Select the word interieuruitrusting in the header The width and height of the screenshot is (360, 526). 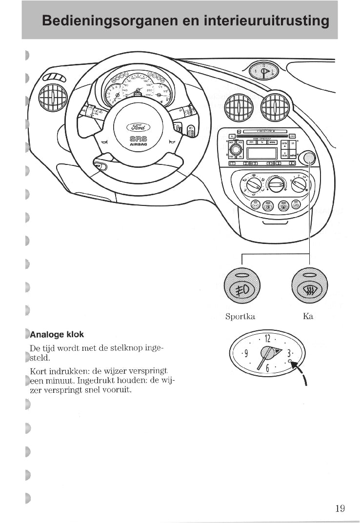[266, 21]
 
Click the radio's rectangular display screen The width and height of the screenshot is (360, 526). [262, 153]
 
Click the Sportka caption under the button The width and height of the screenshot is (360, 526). [240, 317]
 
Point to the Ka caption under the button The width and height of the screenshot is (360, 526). [308, 317]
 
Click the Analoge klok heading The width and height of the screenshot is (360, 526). [57, 335]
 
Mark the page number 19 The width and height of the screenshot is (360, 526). [340, 508]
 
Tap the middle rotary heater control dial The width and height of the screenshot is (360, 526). [277, 184]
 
